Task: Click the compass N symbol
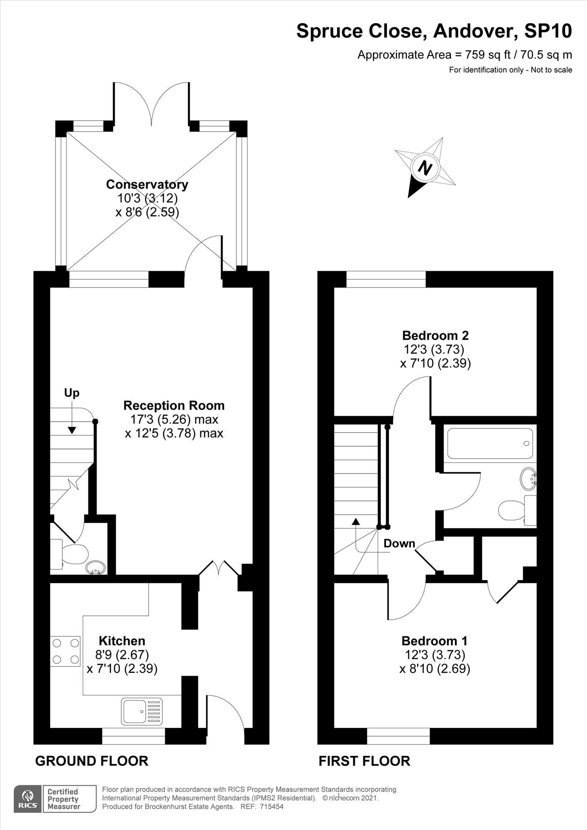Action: click(x=425, y=168)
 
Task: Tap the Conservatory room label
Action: click(x=147, y=184)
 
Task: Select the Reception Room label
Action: click(x=174, y=405)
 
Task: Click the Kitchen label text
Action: click(x=122, y=640)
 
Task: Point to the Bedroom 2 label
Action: click(x=435, y=335)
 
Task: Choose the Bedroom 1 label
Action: click(x=435, y=641)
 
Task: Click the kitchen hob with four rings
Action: click(x=65, y=651)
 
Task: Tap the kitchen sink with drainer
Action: click(x=142, y=711)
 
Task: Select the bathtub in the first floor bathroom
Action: click(x=490, y=443)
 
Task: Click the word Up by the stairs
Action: click(x=71, y=393)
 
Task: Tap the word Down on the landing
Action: click(x=399, y=543)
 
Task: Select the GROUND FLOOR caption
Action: click(x=92, y=761)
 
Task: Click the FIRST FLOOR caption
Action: click(x=364, y=761)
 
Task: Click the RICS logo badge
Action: click(x=28, y=798)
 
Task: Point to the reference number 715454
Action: click(x=271, y=806)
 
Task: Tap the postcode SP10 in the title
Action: click(x=548, y=31)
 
